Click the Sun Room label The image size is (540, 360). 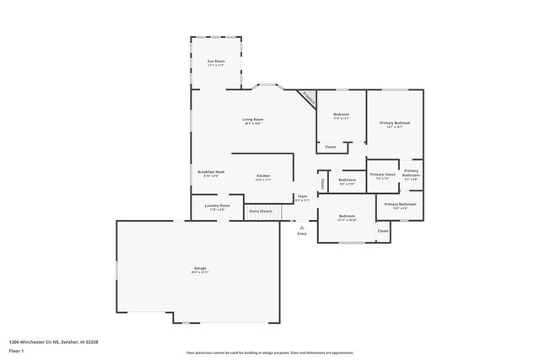pos(217,62)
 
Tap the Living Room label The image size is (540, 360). pos(253,120)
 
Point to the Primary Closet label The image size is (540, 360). pos(382,175)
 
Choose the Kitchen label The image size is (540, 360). pos(263,176)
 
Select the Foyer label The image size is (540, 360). pos(302,197)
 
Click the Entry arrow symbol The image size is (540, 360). pos(302,227)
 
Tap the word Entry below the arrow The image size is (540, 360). pos(302,234)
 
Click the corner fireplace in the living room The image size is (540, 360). pos(308,98)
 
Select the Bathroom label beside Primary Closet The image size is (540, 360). pos(348,180)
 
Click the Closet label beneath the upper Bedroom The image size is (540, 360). pos(330,147)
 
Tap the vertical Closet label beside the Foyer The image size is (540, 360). pos(322,181)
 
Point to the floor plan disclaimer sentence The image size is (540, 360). pos(270,352)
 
